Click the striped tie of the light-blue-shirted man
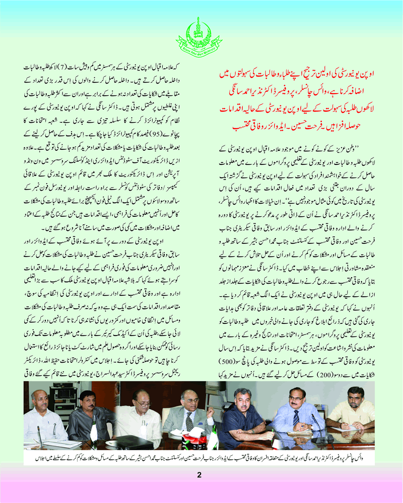tap(296, 417)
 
